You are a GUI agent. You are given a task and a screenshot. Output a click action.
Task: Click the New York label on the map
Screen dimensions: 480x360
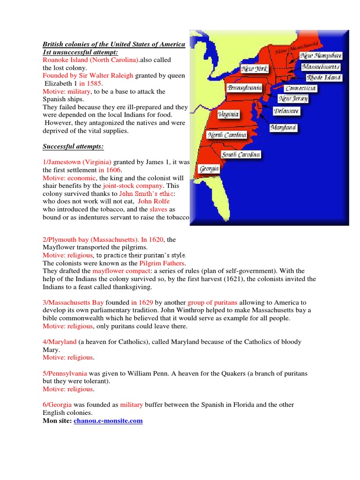[x=254, y=69]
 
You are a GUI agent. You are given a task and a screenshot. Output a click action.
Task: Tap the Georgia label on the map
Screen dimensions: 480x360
[x=209, y=169]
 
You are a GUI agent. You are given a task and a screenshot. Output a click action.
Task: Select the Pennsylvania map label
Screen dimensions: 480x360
[x=244, y=88]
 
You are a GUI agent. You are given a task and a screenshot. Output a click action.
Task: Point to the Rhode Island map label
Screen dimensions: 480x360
[x=323, y=78]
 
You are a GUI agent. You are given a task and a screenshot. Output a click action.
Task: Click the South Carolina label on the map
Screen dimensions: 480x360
[x=241, y=155]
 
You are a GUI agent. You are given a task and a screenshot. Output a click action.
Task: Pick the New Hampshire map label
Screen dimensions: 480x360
[x=322, y=56]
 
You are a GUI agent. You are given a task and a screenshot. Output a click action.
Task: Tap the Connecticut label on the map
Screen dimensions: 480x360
[x=300, y=89]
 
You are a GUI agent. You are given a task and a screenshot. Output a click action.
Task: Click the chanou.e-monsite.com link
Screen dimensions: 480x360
[x=108, y=421]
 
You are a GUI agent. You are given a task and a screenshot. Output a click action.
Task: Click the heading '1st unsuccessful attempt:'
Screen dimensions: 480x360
[x=80, y=52]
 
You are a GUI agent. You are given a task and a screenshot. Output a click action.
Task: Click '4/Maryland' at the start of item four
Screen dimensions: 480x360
[x=60, y=342]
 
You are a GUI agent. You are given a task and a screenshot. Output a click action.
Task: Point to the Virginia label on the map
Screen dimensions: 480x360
[x=228, y=114]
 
